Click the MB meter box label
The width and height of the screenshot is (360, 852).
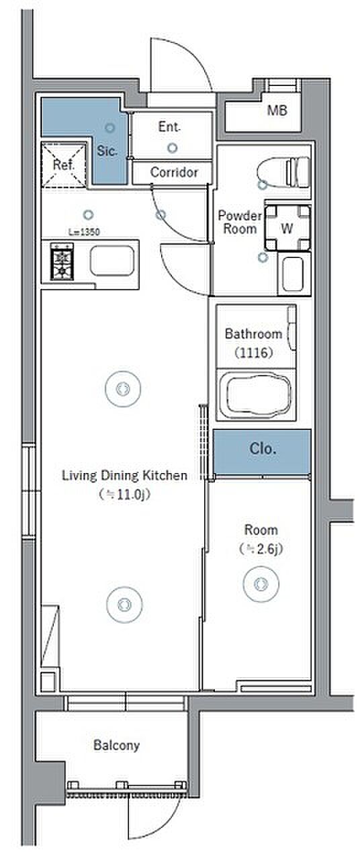(277, 111)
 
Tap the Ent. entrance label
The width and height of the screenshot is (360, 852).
(169, 127)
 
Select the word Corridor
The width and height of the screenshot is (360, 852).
(174, 172)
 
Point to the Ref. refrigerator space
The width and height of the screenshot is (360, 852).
(64, 165)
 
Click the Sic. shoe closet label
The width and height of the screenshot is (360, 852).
(107, 151)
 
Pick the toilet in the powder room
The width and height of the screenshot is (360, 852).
(283, 172)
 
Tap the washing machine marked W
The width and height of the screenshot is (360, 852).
(287, 228)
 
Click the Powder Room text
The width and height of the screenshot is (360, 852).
(240, 222)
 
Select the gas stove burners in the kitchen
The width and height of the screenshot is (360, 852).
(62, 262)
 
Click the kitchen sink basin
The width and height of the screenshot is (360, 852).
(112, 263)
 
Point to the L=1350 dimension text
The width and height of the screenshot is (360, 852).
(84, 232)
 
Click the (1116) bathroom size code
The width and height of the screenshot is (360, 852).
(254, 353)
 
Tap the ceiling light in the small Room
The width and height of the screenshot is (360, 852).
(261, 584)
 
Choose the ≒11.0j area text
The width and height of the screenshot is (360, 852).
(125, 495)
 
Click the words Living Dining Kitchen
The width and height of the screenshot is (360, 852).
(125, 476)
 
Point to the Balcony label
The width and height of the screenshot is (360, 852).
(117, 745)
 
